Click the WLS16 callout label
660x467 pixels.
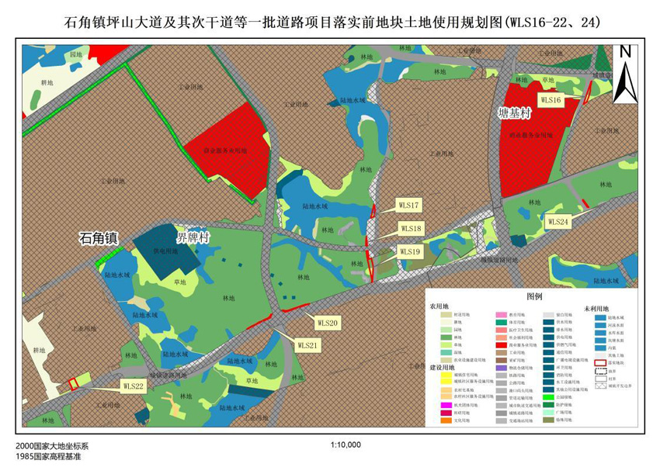[551, 100]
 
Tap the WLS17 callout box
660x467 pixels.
[409, 206]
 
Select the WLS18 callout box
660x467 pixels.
[411, 228]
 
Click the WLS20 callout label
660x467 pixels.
[327, 322]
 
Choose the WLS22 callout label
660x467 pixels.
[134, 385]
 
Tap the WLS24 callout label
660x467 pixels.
[558, 221]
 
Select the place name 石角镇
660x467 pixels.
[98, 239]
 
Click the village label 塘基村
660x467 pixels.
[513, 113]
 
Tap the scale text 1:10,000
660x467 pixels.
[346, 446]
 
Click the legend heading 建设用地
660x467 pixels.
[444, 366]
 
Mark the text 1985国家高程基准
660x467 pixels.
[48, 457]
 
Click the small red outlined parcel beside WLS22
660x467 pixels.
[72, 382]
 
